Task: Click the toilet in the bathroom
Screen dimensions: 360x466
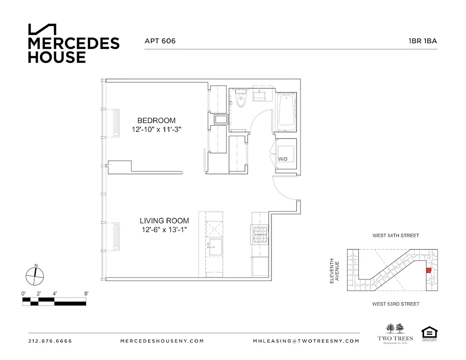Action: [x=241, y=100]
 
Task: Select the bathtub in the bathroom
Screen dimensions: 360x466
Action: [x=285, y=111]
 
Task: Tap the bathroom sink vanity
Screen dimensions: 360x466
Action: [x=261, y=95]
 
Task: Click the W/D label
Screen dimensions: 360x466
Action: [x=283, y=159]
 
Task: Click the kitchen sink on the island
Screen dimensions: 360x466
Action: [x=214, y=246]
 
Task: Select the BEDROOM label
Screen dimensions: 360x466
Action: [x=156, y=120]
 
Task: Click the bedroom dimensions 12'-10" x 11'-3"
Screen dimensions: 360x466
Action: [x=156, y=129]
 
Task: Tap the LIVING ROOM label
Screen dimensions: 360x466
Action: [x=164, y=221]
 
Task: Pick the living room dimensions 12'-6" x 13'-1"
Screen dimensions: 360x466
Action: [x=164, y=230]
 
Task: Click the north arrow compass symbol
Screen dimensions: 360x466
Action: [x=35, y=275]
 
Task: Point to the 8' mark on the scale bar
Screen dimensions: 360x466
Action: [x=86, y=293]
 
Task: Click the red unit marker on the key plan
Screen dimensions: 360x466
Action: [x=429, y=270]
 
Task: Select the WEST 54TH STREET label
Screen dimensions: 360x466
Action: [x=395, y=235]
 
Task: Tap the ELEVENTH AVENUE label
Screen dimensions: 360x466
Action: [x=334, y=270]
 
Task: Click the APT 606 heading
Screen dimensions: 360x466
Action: [x=160, y=41]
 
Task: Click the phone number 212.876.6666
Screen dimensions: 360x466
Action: [x=50, y=341]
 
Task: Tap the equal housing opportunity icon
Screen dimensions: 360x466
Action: [x=429, y=333]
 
